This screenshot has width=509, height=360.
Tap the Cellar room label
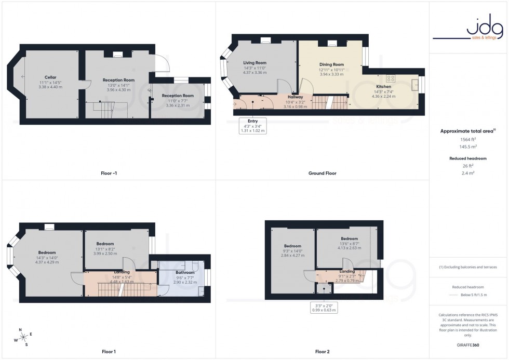pyautogui.click(x=50, y=77)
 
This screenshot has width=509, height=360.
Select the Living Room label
pyautogui.click(x=254, y=63)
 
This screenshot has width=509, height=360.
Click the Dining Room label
pyautogui.click(x=331, y=64)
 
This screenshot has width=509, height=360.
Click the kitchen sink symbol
pyautogui.click(x=415, y=84)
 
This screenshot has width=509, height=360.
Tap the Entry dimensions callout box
pyautogui.click(x=252, y=126)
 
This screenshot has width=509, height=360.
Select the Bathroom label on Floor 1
pyautogui.click(x=184, y=273)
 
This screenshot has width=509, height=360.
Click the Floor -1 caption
pyautogui.click(x=109, y=173)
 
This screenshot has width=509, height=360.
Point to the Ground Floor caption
pyautogui.click(x=322, y=173)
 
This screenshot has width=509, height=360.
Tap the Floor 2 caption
pyautogui.click(x=322, y=352)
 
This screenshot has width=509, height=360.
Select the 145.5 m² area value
pyautogui.click(x=468, y=148)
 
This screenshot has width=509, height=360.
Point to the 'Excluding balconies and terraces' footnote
pyautogui.click(x=468, y=267)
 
